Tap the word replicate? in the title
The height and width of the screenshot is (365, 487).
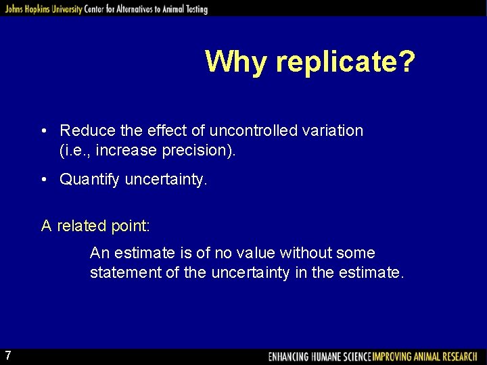coord(346,62)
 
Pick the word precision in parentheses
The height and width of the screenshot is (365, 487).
coord(196,151)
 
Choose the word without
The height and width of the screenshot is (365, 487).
coord(303,253)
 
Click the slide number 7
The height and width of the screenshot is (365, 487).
coord(7,356)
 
